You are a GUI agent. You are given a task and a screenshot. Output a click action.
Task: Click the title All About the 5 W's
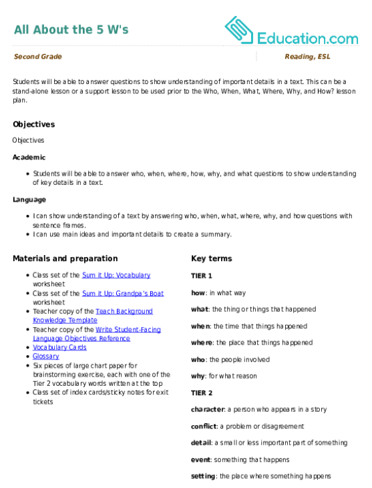[x=71, y=29]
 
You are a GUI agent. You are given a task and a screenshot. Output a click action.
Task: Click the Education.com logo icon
[x=239, y=30]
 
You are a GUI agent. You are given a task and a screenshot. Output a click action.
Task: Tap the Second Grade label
[x=37, y=56]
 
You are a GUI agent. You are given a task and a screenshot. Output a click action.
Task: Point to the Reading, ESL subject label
[x=307, y=56]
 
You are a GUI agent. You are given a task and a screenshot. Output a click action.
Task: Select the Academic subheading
[x=29, y=157]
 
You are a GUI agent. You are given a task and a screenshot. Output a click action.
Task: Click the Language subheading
[x=29, y=200]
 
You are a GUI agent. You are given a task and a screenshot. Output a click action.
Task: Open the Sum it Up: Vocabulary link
[x=116, y=275]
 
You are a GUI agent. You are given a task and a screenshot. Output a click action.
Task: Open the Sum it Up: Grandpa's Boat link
[x=123, y=293]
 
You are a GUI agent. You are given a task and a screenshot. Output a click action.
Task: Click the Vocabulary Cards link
[x=59, y=347]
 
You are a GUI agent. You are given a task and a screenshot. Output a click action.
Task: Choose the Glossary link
[x=46, y=356]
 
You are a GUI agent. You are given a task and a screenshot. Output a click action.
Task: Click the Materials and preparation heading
[x=65, y=258]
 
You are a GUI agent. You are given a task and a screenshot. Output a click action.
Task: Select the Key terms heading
[x=212, y=258]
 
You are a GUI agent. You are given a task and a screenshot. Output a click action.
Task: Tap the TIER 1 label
[x=202, y=276]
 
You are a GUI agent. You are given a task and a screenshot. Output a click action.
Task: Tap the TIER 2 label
[x=202, y=393]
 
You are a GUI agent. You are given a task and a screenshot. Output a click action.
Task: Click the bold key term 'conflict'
[x=204, y=426]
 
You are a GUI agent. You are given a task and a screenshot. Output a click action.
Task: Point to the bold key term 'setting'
[x=203, y=476]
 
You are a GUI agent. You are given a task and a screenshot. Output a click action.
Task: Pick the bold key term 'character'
[x=208, y=409]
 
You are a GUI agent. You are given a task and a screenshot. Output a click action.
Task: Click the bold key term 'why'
[x=198, y=376]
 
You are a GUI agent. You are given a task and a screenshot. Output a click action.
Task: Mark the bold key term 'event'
[x=201, y=460]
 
